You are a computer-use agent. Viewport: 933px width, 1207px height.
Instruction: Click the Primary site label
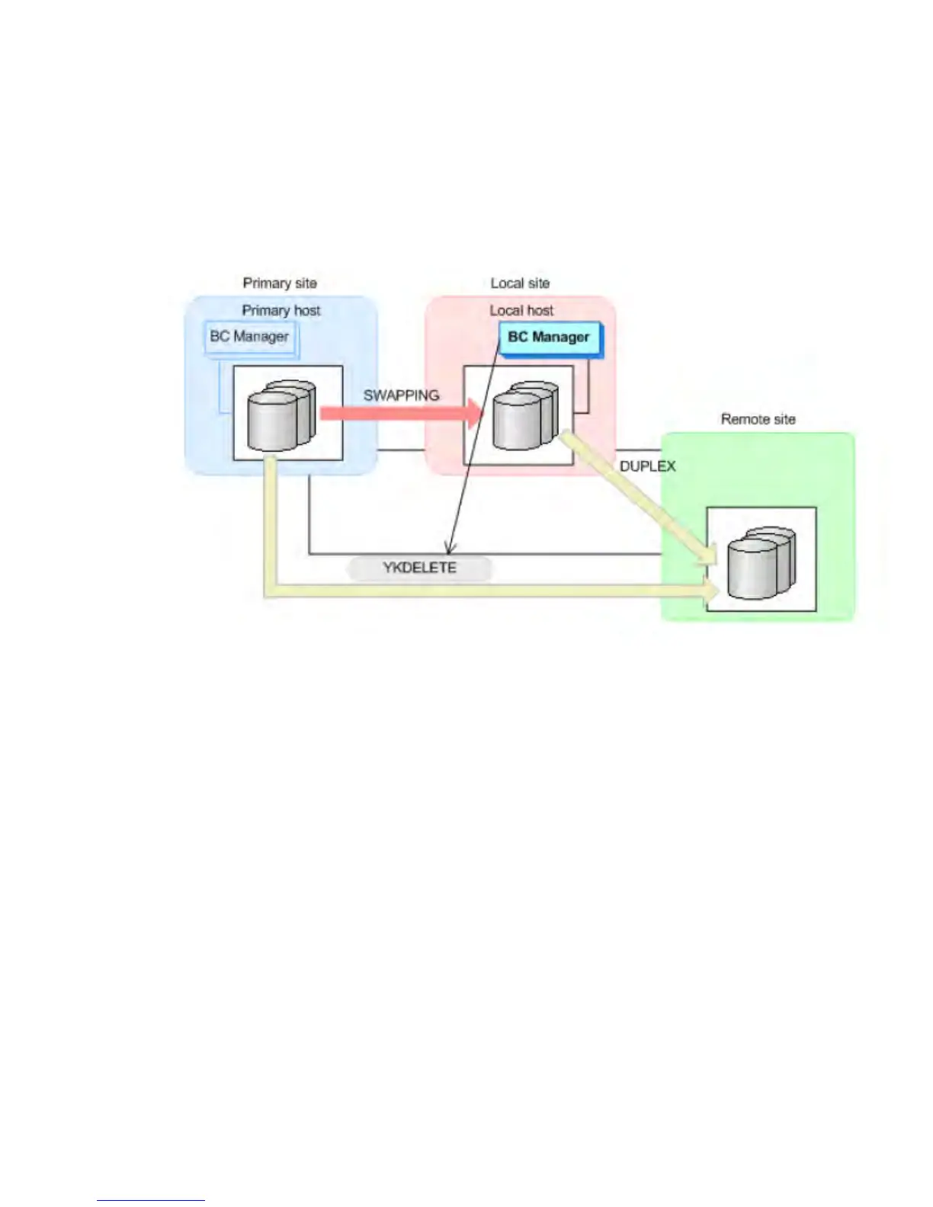click(279, 283)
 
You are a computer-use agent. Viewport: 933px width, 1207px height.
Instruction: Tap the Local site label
click(520, 283)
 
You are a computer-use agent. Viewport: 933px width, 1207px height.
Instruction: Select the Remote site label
click(758, 419)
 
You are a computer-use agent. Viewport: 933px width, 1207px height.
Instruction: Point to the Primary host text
click(281, 311)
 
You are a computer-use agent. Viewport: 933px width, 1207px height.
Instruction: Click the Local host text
click(521, 311)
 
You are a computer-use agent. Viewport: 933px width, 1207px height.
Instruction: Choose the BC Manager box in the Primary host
click(249, 337)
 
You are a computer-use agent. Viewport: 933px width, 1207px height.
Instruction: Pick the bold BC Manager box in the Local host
click(549, 337)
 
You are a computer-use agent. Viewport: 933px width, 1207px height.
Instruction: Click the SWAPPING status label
click(401, 395)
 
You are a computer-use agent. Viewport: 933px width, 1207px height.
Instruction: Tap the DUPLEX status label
click(647, 466)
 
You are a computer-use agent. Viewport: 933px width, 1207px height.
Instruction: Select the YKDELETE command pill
click(419, 568)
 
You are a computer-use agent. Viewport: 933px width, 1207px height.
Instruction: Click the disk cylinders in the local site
click(524, 415)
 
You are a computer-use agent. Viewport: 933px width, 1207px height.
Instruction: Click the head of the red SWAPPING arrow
click(476, 414)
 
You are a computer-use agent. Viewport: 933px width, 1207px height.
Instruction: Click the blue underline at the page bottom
click(150, 1200)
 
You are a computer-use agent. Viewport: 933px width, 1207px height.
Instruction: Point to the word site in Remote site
click(783, 419)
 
